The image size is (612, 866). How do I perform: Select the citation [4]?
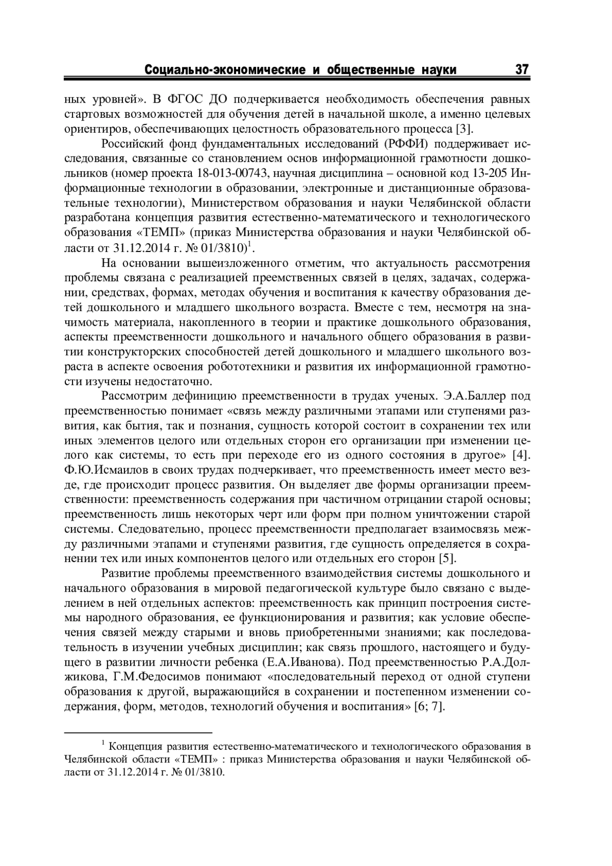click(x=521, y=454)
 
